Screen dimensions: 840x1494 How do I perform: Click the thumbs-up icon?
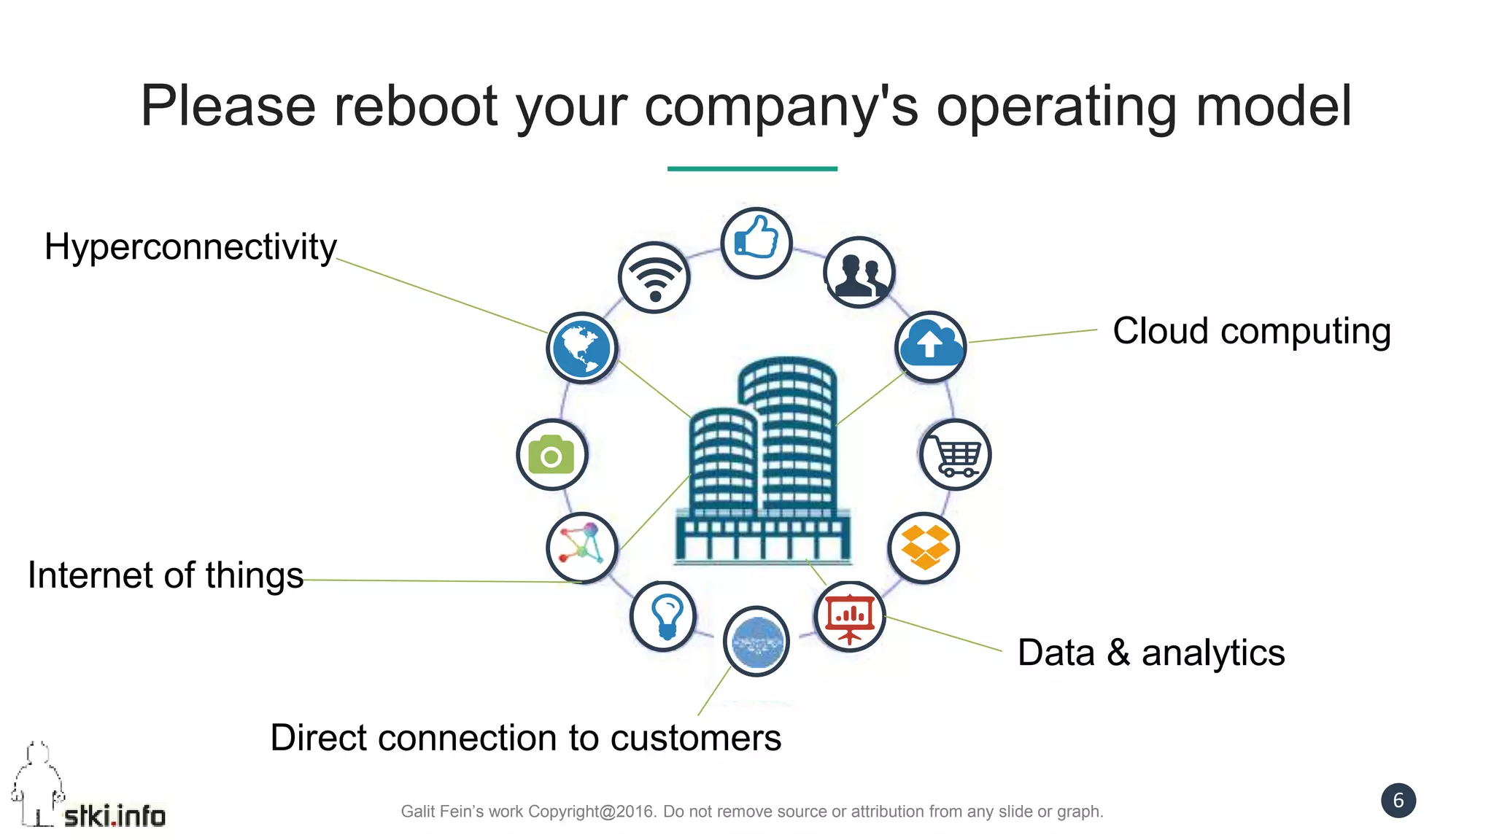click(x=756, y=243)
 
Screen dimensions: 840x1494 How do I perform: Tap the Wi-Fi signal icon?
click(x=654, y=278)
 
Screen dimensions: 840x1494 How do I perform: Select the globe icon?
click(x=581, y=348)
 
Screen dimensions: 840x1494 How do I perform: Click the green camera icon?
click(x=551, y=455)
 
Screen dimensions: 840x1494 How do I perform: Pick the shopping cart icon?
click(x=955, y=454)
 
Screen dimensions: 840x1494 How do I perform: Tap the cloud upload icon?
click(x=930, y=346)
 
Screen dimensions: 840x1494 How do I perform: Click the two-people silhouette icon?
click(x=859, y=272)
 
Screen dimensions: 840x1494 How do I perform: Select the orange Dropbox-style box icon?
click(x=924, y=548)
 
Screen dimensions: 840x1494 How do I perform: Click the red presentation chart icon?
click(x=849, y=618)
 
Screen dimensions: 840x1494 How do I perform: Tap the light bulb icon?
click(x=664, y=616)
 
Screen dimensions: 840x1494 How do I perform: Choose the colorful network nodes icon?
click(x=581, y=548)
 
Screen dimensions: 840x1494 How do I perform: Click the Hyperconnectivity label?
click(x=190, y=247)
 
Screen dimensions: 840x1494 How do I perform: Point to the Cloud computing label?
click(x=1251, y=331)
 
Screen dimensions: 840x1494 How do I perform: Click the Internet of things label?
click(x=166, y=575)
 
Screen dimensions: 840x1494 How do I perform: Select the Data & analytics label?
click(x=1150, y=653)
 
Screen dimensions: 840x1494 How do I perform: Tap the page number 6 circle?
click(x=1398, y=801)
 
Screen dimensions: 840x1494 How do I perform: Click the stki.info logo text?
click(x=115, y=816)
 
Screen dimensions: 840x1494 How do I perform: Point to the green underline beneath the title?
click(x=752, y=168)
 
